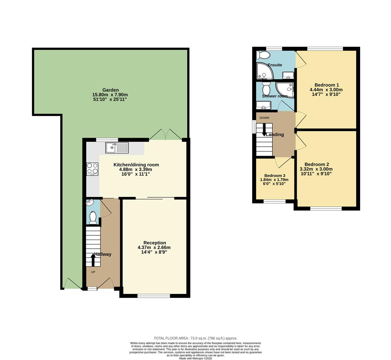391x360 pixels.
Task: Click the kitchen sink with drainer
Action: click(117, 147)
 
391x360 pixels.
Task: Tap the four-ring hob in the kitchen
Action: click(92, 169)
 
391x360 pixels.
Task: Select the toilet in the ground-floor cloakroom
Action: click(93, 218)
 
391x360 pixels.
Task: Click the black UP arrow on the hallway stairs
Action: click(93, 259)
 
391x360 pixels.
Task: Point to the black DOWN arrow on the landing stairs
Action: click(264, 130)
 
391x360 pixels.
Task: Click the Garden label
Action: click(110, 90)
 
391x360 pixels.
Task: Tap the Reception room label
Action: click(155, 243)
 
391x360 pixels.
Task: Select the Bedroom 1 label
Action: click(326, 85)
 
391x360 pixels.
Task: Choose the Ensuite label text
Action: click(275, 65)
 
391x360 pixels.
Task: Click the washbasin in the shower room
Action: click(263, 105)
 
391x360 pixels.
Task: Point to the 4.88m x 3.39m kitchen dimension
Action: click(136, 169)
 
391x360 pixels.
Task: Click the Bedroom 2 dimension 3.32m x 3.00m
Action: click(316, 169)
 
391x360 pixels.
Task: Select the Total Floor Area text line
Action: click(195, 338)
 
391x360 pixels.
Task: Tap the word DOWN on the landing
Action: click(264, 118)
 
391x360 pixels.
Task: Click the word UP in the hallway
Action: click(93, 272)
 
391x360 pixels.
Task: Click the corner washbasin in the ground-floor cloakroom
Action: click(90, 203)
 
